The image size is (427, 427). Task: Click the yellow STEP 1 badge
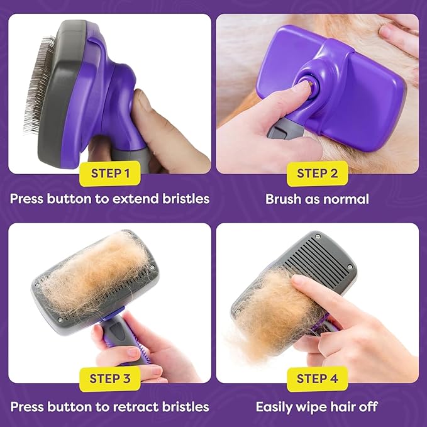110,174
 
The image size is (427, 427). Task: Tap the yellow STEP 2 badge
317,174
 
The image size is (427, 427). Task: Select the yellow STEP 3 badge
110,379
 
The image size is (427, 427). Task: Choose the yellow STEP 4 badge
317,379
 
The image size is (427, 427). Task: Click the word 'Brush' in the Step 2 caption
283,200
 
